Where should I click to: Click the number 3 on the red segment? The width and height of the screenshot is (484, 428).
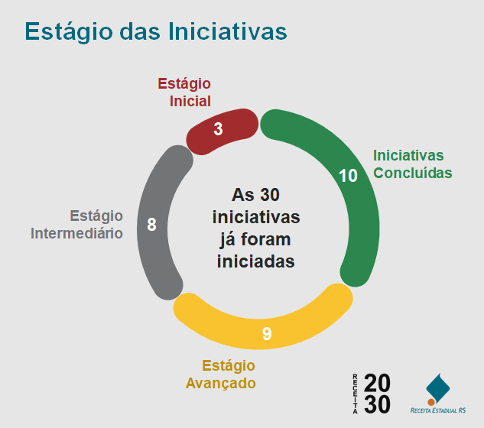tap(218, 129)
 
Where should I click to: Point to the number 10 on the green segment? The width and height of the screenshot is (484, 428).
tap(348, 176)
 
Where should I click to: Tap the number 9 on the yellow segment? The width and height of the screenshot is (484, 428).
tap(267, 333)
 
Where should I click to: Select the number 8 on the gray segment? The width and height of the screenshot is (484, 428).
tap(151, 225)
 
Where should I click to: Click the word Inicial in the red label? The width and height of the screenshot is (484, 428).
tap(190, 101)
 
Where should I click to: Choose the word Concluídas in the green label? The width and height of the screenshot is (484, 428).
tap(413, 173)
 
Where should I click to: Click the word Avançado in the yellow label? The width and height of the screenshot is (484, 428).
tap(221, 383)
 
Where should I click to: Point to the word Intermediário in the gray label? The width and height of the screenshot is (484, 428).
tap(76, 233)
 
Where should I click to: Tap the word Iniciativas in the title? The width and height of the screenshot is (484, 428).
tap(228, 31)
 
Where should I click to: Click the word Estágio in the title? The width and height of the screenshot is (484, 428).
tap(69, 32)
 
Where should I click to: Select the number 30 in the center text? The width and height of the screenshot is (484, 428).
tap(269, 195)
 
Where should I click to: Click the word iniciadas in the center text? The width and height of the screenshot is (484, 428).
tap(256, 261)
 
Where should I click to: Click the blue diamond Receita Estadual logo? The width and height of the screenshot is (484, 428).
tap(438, 388)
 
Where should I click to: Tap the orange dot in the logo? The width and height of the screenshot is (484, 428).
tap(431, 402)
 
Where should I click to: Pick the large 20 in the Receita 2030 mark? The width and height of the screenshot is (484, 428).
tap(377, 383)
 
